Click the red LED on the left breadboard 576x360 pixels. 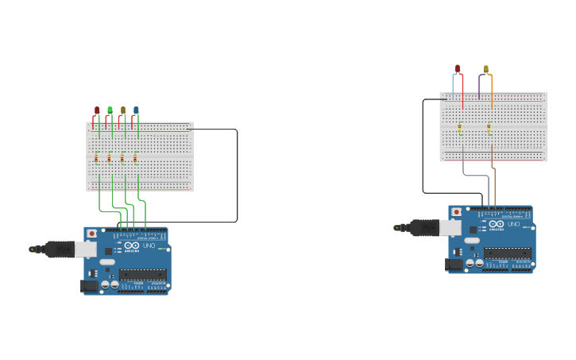[97, 110]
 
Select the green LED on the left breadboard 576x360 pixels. [110, 110]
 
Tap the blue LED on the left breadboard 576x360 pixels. [136, 110]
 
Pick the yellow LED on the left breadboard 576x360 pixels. [123, 110]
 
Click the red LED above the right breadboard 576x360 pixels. [458, 69]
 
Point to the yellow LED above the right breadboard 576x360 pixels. [485, 70]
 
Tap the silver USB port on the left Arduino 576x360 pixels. [85, 250]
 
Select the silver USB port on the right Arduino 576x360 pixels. [450, 228]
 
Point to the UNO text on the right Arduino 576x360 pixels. [513, 225]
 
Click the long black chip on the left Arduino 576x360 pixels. [143, 275]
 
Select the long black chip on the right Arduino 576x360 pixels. [508, 253]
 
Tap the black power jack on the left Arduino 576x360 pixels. [90, 285]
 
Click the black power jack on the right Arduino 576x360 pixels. [454, 264]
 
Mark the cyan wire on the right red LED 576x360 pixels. [453, 86]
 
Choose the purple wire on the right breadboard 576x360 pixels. [479, 86]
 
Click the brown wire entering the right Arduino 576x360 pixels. [494, 187]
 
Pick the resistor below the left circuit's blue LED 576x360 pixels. [135, 158]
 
